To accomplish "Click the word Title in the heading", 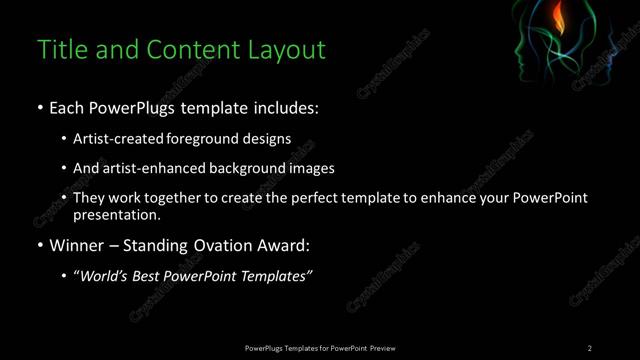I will click(x=62, y=49).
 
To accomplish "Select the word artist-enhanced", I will click(x=147, y=168).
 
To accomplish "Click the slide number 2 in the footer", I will click(x=589, y=347).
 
